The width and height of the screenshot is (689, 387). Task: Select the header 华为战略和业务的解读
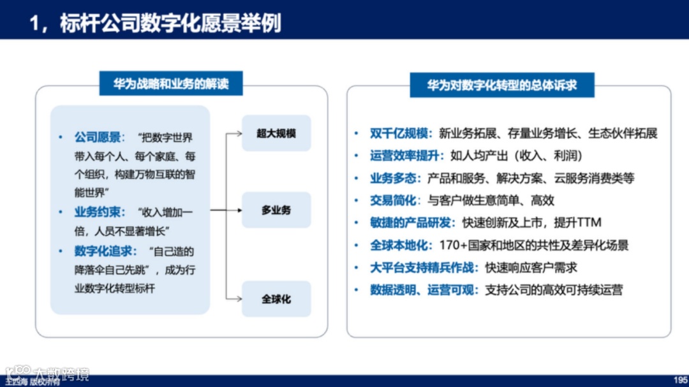[x=170, y=84]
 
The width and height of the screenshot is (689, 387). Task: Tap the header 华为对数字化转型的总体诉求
[x=501, y=85]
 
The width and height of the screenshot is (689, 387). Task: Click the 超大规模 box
[x=276, y=133]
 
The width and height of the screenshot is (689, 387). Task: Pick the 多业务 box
[x=276, y=210]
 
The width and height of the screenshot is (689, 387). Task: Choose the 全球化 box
[x=276, y=299]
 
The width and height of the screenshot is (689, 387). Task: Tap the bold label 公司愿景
[x=98, y=137]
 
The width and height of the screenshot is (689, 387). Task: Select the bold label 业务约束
[x=98, y=213]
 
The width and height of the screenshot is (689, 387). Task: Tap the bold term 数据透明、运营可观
[x=424, y=290]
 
